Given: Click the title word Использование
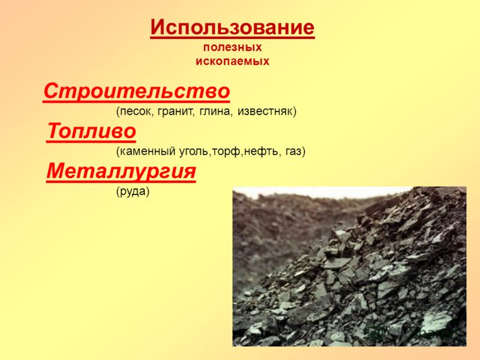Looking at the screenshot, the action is pos(232,28).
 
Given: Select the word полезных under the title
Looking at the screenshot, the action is pos(233,47).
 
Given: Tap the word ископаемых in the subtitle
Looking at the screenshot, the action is pos(233,61).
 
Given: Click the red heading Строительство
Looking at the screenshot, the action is pos(137,91).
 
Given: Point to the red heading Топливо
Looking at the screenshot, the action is pos(91,131).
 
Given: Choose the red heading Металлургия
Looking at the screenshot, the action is pos(121,172).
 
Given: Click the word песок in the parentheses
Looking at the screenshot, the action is pos(136,111).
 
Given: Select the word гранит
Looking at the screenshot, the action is pos(176,112).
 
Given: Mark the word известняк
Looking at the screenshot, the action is pos(265,111).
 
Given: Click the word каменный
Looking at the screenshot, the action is pos(148,151).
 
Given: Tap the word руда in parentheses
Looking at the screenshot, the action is pos(133,192).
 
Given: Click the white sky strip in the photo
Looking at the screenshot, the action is pos(322,192).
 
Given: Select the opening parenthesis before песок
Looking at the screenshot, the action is pos(118,111).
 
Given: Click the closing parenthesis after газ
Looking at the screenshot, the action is pos(304,151).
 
